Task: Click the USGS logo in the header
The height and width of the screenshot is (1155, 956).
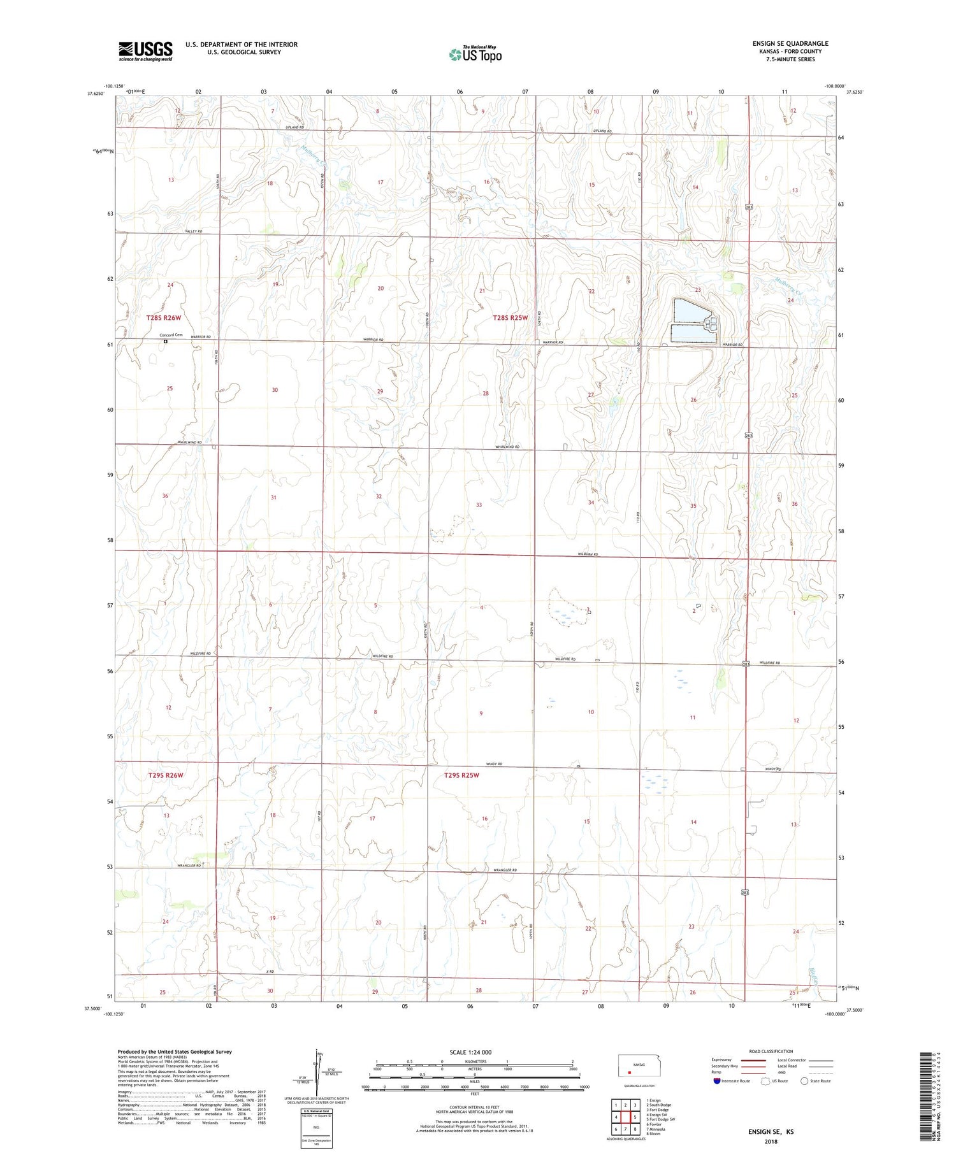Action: [x=145, y=51]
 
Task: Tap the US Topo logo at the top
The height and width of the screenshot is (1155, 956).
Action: [x=475, y=55]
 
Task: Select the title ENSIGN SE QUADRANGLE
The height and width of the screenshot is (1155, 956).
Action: [x=790, y=43]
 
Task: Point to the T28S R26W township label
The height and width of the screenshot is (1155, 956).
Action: [x=164, y=317]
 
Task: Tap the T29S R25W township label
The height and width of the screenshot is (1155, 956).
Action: [x=461, y=775]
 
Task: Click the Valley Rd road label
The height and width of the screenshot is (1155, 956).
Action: [x=194, y=231]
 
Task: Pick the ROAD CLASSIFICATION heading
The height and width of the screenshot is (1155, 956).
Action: [x=771, y=1051]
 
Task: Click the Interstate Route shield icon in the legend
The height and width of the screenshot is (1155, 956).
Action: [x=717, y=1081]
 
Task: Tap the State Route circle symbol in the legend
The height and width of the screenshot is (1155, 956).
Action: [x=804, y=1081]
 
